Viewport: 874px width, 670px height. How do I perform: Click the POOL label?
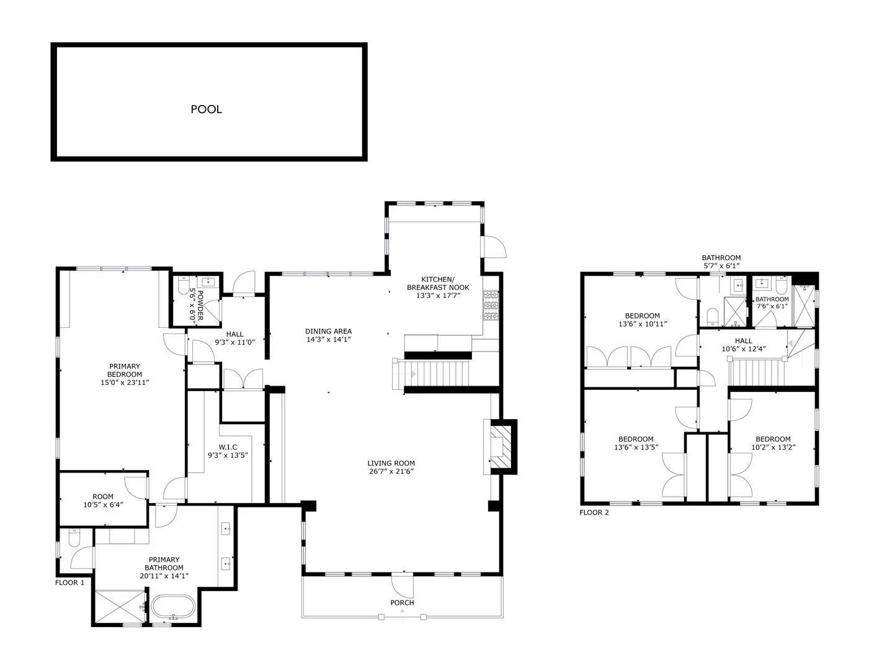click(x=206, y=109)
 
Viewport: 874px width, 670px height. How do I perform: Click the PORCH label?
click(x=402, y=602)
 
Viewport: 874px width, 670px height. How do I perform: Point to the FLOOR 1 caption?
click(x=70, y=582)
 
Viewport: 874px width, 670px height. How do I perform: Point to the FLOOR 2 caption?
click(x=594, y=512)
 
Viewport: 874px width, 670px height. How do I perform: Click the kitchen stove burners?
click(x=491, y=306)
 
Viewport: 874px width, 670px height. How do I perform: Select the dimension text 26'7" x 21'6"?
click(x=391, y=471)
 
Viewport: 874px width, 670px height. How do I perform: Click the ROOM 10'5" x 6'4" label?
click(x=103, y=500)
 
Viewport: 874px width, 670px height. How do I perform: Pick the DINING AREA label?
click(x=328, y=335)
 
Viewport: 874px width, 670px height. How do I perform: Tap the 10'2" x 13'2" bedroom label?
click(x=773, y=443)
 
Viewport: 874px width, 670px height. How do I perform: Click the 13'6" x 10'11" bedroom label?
click(x=642, y=320)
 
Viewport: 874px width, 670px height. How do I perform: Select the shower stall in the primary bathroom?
click(x=118, y=607)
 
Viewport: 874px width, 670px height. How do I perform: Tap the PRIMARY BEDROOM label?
click(x=125, y=374)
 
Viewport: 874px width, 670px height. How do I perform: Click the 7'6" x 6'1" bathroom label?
click(x=772, y=303)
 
